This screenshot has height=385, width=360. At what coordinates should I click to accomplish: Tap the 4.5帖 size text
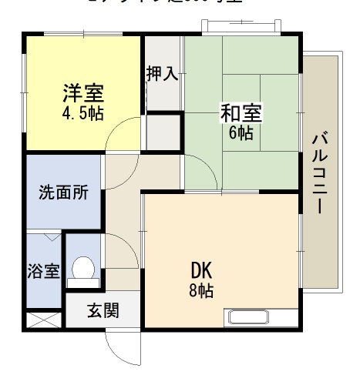point(82,112)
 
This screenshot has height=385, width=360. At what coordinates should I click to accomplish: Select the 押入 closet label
point(163,74)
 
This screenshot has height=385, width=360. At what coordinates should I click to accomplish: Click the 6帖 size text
point(241,132)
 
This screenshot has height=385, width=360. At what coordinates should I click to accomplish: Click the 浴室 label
point(44,272)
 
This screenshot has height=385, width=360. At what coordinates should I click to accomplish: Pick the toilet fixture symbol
point(82,270)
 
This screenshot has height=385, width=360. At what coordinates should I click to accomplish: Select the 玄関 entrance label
point(103,311)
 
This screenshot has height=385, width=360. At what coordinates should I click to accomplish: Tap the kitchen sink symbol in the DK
point(247,316)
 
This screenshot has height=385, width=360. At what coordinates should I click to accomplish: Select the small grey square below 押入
point(162,131)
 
